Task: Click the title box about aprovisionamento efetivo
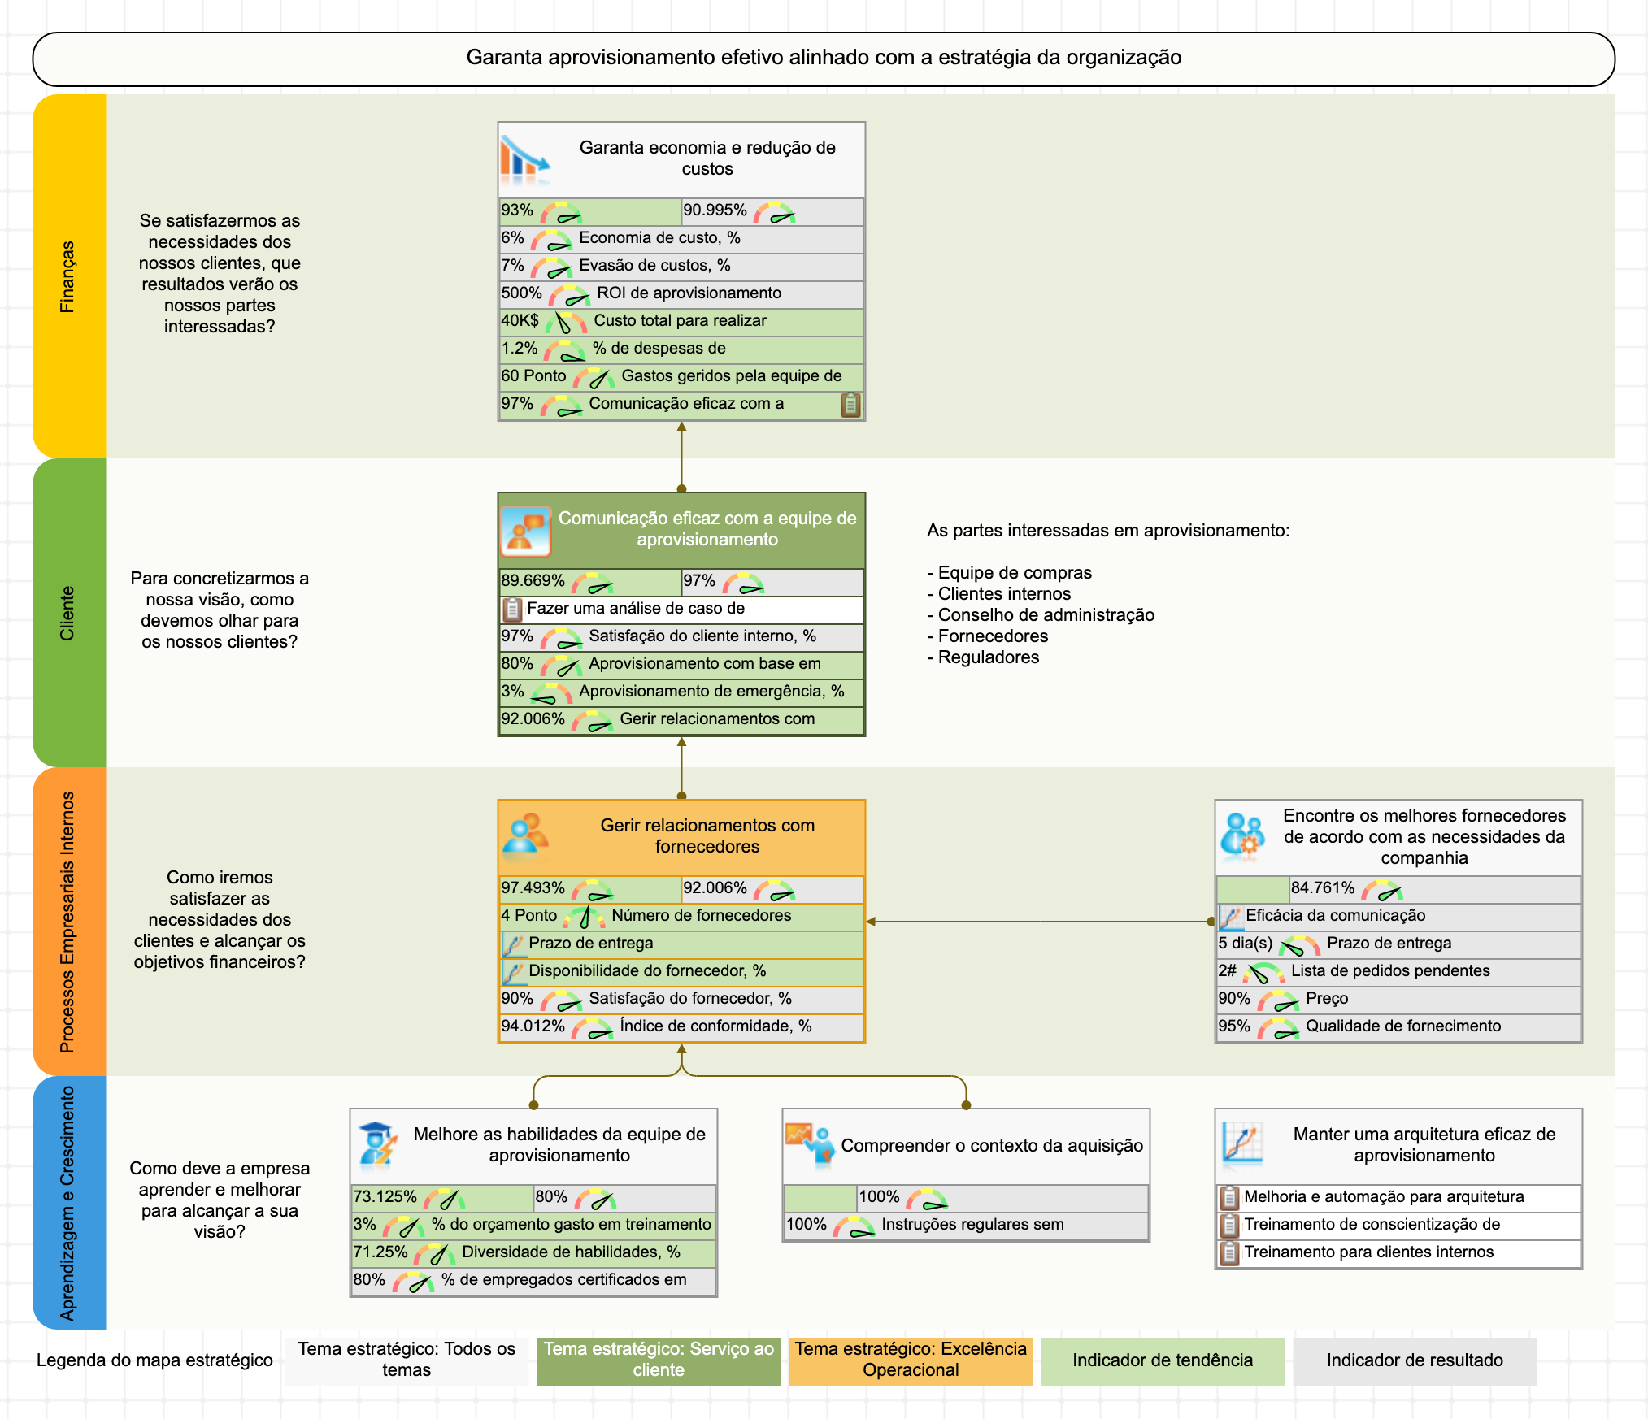(x=823, y=59)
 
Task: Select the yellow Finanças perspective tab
(x=69, y=276)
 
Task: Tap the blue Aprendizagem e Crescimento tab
(x=69, y=1203)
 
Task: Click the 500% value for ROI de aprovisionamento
(x=521, y=293)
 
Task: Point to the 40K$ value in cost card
(x=520, y=321)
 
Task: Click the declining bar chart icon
(x=524, y=158)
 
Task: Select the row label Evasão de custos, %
(x=654, y=266)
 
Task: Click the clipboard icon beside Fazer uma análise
(x=512, y=609)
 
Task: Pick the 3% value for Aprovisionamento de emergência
(x=512, y=692)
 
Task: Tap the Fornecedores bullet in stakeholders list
(x=993, y=636)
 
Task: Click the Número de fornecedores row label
(x=701, y=916)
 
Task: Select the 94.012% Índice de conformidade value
(x=533, y=1026)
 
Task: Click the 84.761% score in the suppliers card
(x=1323, y=888)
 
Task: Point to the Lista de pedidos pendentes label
(x=1390, y=971)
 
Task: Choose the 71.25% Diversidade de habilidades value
(x=380, y=1252)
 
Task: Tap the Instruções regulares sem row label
(x=972, y=1225)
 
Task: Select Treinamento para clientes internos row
(x=1368, y=1252)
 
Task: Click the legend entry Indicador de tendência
(x=1162, y=1360)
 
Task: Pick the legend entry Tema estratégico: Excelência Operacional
(x=911, y=1360)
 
